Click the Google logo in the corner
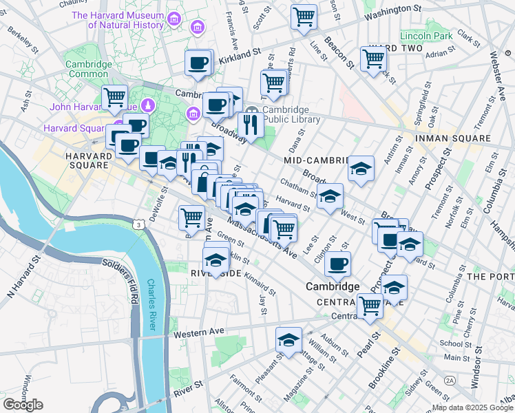pos(23,405)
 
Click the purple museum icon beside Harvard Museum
pos(196,28)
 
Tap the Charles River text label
pos(155,299)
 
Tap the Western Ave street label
pos(199,332)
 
